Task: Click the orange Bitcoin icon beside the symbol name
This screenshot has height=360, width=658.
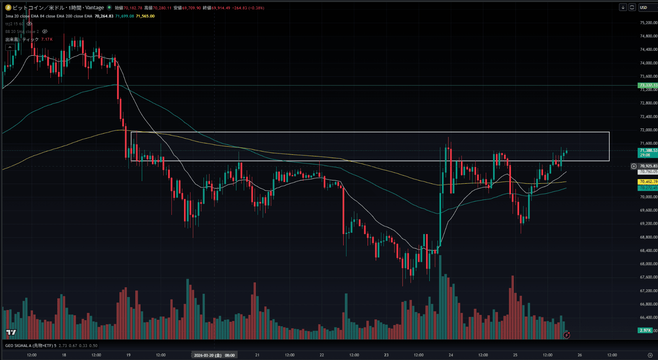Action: click(x=8, y=8)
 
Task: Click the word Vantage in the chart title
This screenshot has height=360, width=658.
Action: click(x=95, y=8)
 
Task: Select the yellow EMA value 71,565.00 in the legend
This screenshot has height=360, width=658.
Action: click(x=145, y=16)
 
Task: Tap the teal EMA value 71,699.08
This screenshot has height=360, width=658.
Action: click(x=124, y=16)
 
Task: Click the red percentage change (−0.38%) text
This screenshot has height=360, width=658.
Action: click(x=255, y=8)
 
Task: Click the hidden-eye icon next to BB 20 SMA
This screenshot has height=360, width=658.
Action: click(x=45, y=31)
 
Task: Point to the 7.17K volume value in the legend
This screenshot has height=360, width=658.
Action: click(x=47, y=39)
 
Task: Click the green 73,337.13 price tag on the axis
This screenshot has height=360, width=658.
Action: click(x=648, y=85)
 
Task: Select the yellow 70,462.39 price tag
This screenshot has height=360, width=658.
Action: click(x=648, y=182)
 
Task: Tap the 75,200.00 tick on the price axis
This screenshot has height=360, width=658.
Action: click(x=648, y=23)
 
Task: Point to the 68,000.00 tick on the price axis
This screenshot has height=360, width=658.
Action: click(x=648, y=264)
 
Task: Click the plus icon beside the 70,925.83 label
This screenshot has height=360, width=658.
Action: click(x=634, y=166)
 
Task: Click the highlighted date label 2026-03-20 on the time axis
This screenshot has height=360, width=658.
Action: click(x=208, y=355)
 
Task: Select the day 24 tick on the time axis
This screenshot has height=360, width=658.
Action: click(x=451, y=355)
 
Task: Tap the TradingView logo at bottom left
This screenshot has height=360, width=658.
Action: click(x=11, y=332)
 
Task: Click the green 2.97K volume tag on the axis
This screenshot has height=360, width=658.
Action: click(x=645, y=330)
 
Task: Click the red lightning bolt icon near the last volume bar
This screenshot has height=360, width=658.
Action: click(x=567, y=335)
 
